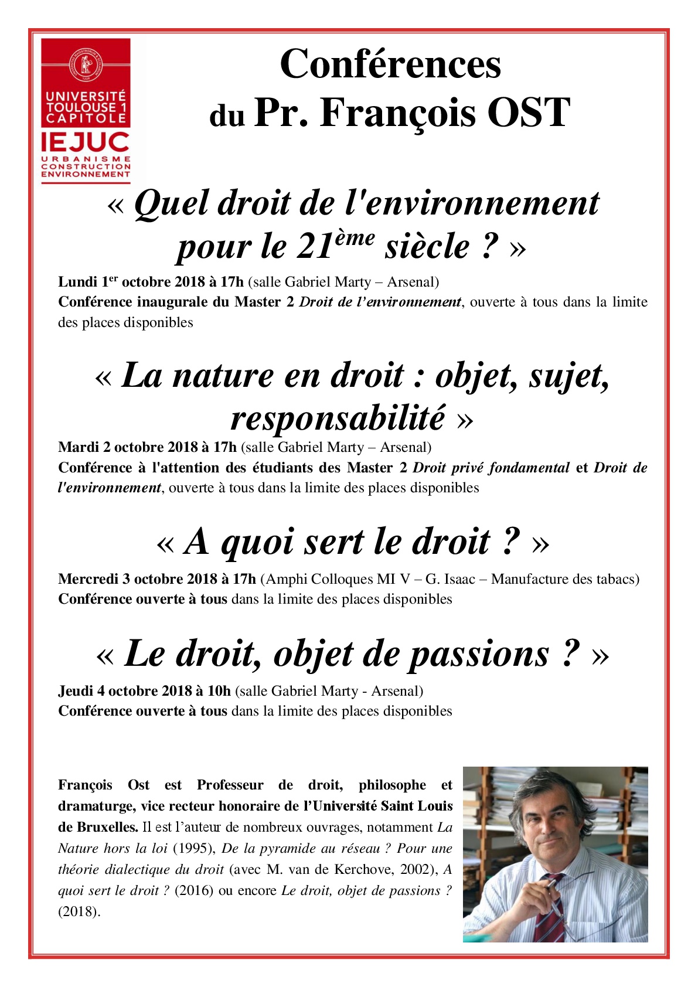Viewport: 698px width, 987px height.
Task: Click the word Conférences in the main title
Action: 390,64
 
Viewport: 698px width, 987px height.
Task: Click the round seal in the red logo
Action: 86,65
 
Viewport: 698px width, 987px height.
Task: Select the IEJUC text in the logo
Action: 86,142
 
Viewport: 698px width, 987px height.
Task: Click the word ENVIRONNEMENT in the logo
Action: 86,174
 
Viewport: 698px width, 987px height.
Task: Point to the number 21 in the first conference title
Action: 315,247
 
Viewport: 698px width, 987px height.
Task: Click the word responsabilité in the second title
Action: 338,418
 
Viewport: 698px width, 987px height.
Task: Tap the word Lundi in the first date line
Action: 77,282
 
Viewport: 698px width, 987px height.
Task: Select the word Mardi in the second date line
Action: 78,447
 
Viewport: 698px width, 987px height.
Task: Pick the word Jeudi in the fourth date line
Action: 76,691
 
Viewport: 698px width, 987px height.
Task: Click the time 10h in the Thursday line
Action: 219,691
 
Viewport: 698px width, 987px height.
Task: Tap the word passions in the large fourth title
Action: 479,654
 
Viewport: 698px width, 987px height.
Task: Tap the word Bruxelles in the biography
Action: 105,827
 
